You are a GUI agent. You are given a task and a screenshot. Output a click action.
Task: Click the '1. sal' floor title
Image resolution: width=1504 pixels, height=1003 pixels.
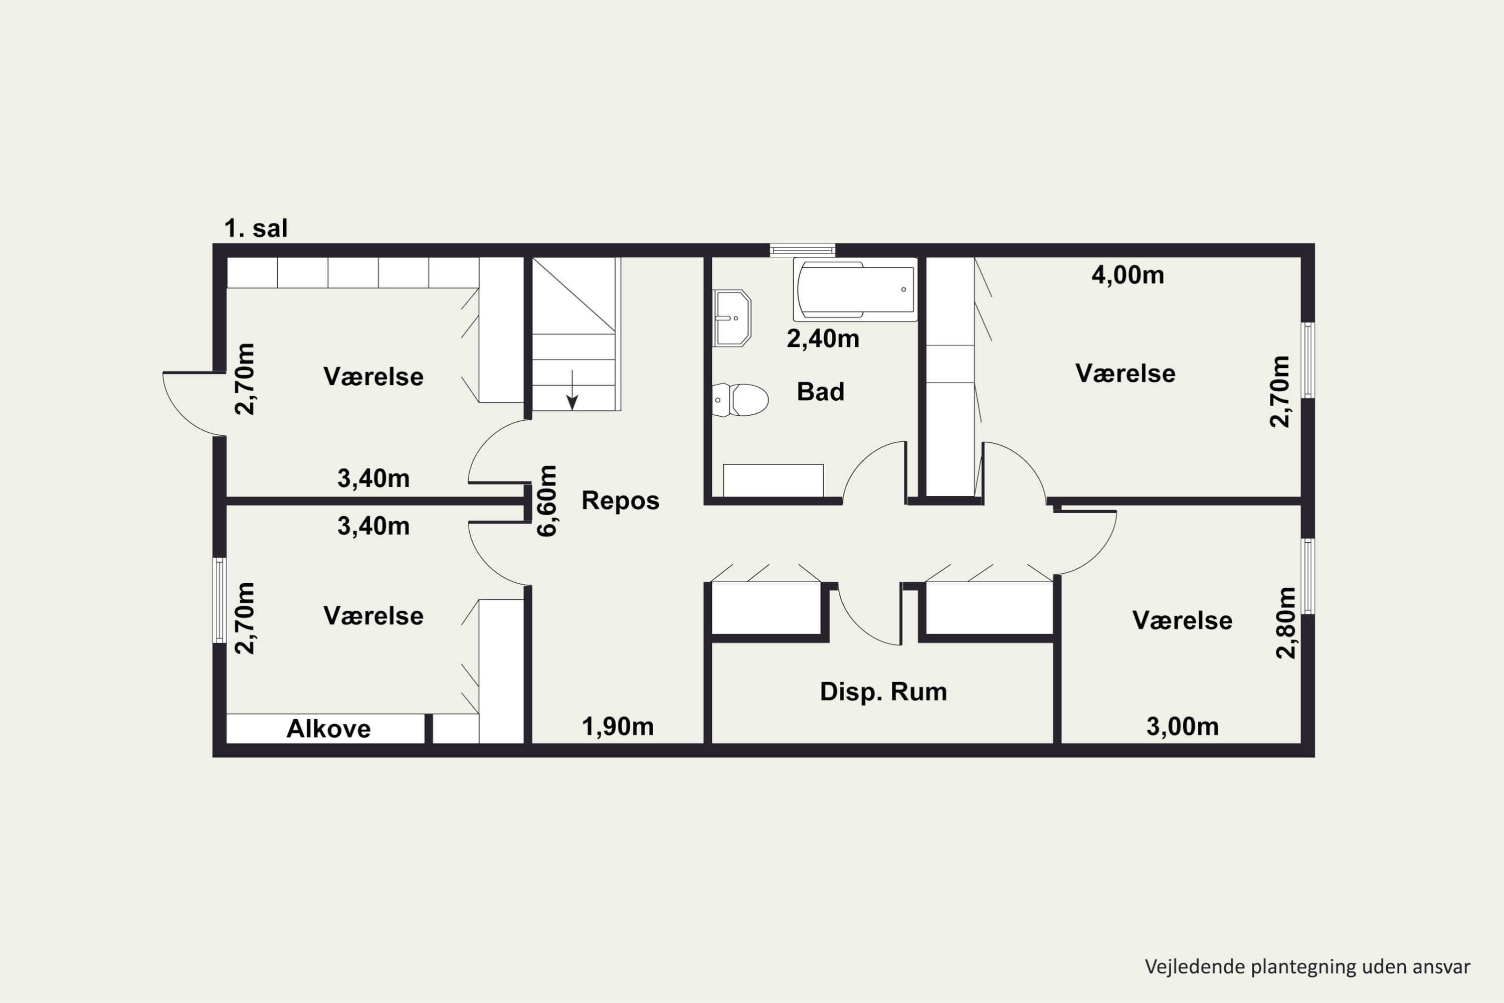pos(256,228)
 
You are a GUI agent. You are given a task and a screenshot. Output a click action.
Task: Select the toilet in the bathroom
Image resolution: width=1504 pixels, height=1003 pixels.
pos(740,400)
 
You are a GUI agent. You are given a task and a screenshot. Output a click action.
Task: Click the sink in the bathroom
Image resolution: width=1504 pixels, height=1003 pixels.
pos(731,318)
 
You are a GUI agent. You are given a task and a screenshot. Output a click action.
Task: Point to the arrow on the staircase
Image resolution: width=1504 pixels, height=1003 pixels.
pos(573,390)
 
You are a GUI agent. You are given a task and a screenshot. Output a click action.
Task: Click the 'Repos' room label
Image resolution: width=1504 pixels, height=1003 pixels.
pos(620,500)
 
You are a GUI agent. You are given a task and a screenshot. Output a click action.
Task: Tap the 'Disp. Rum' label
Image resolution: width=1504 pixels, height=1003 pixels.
pos(883,692)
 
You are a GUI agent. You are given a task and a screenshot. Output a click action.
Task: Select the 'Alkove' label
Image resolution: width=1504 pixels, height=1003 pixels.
pos(328,729)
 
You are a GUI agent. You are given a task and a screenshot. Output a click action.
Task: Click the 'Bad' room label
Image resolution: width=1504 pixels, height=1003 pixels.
pos(820,392)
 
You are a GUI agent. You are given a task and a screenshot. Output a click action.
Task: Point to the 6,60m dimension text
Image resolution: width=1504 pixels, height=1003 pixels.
pos(547,501)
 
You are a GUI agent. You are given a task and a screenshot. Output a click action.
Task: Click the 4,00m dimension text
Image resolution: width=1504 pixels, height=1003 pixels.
pos(1127,275)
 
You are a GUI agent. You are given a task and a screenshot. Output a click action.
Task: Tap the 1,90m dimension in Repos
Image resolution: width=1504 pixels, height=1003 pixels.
pos(617,726)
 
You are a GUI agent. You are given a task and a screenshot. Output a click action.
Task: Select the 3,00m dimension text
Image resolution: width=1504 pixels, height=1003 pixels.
pos(1182,726)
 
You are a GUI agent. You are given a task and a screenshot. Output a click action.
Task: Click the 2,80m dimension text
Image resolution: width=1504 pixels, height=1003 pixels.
pos(1286,622)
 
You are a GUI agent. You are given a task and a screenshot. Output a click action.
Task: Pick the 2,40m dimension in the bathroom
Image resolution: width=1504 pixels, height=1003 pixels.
pos(823,339)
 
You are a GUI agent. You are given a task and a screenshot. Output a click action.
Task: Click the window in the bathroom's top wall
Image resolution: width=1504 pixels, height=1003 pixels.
pos(803,249)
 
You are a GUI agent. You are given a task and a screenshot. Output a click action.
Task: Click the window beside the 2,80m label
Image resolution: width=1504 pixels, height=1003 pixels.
pos(1308,576)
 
